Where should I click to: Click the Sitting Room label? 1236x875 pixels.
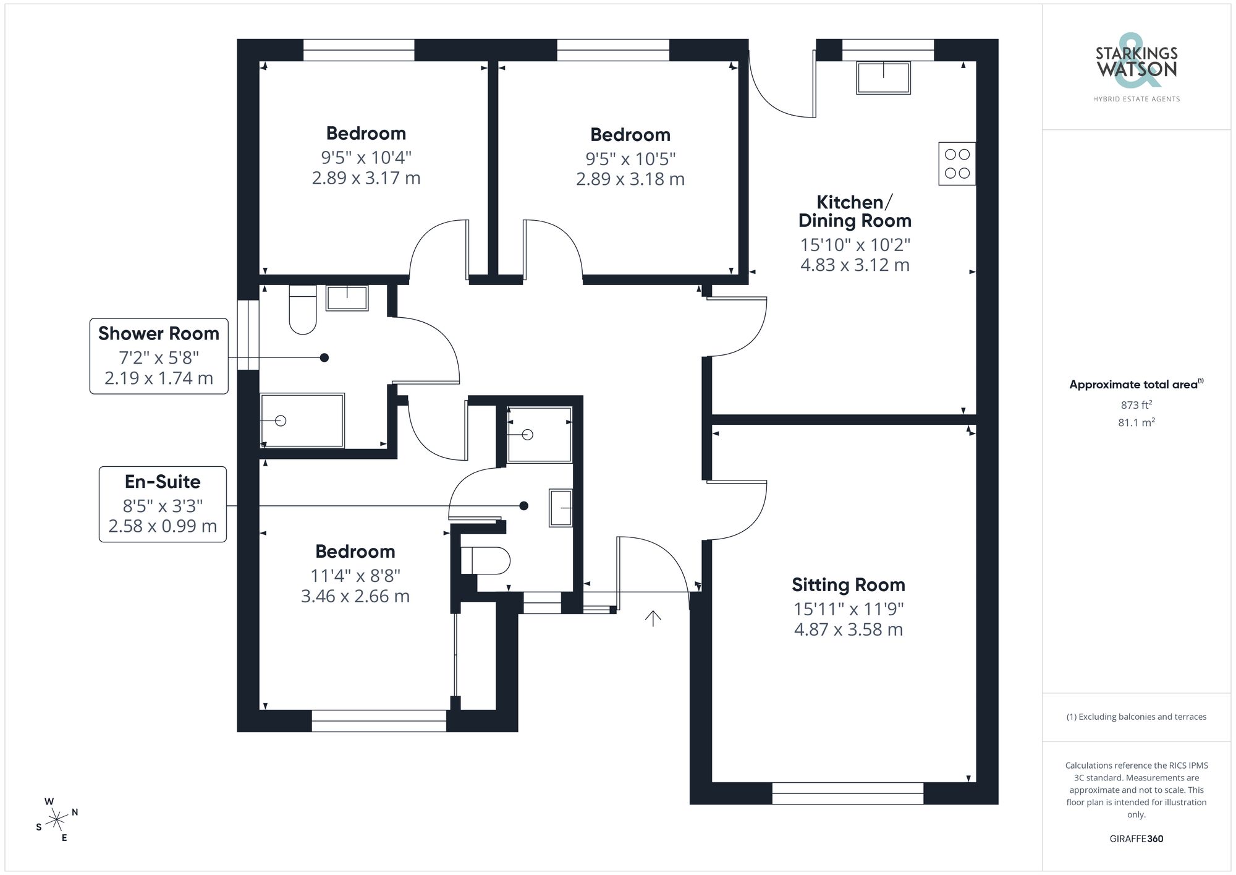click(x=848, y=585)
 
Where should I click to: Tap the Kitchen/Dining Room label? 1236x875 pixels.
click(x=855, y=211)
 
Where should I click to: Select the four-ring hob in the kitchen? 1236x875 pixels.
click(x=957, y=164)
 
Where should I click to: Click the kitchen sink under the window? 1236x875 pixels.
click(x=883, y=78)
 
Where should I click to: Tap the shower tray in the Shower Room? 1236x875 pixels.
click(x=302, y=420)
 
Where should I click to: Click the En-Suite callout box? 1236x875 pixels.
click(x=163, y=504)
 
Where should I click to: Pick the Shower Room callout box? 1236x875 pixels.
click(x=159, y=356)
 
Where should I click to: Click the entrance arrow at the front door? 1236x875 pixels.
click(x=653, y=618)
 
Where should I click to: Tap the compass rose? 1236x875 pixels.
click(x=57, y=820)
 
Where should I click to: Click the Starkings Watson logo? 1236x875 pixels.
click(x=1136, y=69)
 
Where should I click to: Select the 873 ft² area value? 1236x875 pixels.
click(x=1136, y=405)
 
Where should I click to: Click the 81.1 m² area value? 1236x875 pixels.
click(x=1136, y=423)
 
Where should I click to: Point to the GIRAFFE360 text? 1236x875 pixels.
click(x=1136, y=839)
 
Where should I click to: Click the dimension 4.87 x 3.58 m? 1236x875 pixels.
click(x=848, y=630)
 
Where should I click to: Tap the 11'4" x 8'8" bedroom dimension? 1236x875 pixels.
click(x=355, y=576)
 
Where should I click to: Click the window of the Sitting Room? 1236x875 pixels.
click(x=847, y=793)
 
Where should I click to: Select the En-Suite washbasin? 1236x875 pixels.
click(x=561, y=508)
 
